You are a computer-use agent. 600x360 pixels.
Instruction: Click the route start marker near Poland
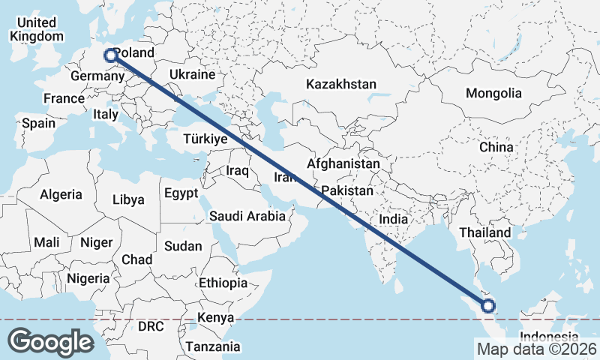pyautogui.click(x=110, y=55)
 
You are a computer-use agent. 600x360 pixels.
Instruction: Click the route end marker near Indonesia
pyautogui.click(x=488, y=305)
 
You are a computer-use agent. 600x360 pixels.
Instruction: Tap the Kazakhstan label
pyautogui.click(x=340, y=85)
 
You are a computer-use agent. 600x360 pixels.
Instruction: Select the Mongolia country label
pyautogui.click(x=493, y=94)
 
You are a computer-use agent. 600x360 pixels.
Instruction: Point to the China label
pyautogui.click(x=496, y=147)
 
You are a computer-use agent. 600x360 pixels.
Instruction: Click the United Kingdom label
pyautogui.click(x=35, y=29)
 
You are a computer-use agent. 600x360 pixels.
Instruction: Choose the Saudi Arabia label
pyautogui.click(x=247, y=216)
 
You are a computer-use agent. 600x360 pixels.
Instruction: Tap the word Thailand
pyautogui.click(x=485, y=233)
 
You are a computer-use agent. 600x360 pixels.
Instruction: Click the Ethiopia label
pyautogui.click(x=223, y=283)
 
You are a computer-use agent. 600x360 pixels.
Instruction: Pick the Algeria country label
pyautogui.click(x=61, y=194)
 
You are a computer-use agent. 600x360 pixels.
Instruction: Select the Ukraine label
pyautogui.click(x=193, y=75)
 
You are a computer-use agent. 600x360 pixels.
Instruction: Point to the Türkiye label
pyautogui.click(x=205, y=139)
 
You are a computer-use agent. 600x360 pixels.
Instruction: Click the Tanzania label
pyautogui.click(x=214, y=346)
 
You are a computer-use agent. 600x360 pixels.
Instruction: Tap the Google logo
pyautogui.click(x=50, y=341)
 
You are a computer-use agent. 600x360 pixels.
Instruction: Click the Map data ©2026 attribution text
pyautogui.click(x=536, y=349)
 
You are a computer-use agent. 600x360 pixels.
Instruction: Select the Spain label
pyautogui.click(x=38, y=123)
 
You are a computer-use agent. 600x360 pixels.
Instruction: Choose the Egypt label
pyautogui.click(x=181, y=192)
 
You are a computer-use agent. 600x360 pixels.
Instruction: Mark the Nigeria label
pyautogui.click(x=88, y=278)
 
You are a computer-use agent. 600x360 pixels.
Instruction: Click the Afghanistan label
pyautogui.click(x=343, y=163)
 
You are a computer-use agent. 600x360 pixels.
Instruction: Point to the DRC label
pyautogui.click(x=150, y=327)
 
